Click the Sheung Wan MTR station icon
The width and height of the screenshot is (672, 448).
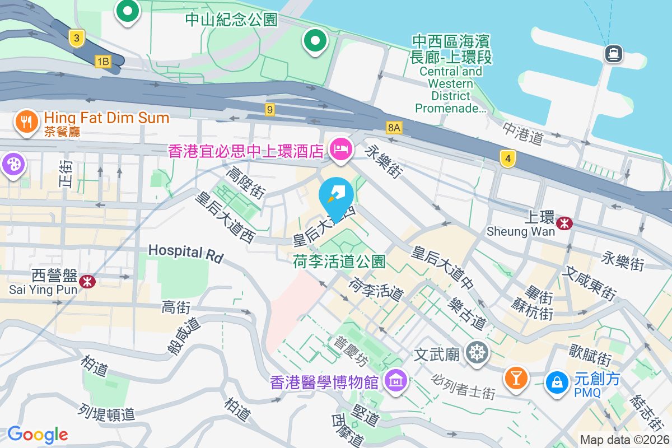(x=565, y=223)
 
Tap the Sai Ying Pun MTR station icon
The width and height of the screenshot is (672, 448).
(x=87, y=281)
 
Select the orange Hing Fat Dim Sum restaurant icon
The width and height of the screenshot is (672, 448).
(x=26, y=121)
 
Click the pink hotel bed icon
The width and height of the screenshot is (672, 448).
(x=340, y=150)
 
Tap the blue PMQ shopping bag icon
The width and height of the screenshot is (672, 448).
(x=557, y=382)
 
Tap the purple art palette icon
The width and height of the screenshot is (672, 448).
(x=11, y=165)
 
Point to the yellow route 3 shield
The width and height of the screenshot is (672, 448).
(x=77, y=38)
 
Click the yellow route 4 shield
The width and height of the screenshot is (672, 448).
(x=507, y=159)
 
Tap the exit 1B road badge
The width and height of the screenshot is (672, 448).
(x=102, y=62)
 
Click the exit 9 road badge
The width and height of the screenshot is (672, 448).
(x=270, y=110)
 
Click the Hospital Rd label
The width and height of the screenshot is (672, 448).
(x=186, y=253)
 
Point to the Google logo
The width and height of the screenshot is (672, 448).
(x=38, y=434)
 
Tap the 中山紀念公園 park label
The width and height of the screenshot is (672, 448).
(x=231, y=20)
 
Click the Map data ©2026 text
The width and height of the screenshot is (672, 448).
(x=624, y=440)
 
